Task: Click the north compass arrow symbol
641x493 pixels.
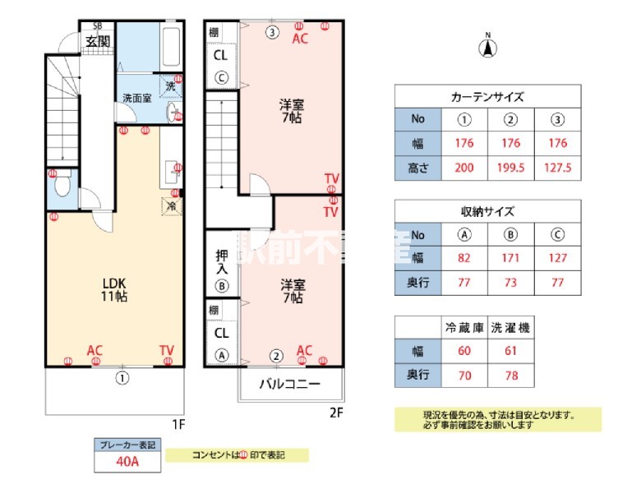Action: (x=487, y=48)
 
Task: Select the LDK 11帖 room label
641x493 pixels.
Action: (x=114, y=288)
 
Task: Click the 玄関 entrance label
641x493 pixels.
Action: (x=98, y=41)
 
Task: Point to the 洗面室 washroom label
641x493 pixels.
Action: (x=136, y=98)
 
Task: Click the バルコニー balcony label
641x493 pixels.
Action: (x=290, y=383)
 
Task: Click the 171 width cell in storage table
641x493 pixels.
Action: (x=510, y=258)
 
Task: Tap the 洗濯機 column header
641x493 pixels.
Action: (x=510, y=327)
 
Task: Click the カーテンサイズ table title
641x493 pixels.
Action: (x=487, y=96)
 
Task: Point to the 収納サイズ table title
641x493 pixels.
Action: (x=487, y=211)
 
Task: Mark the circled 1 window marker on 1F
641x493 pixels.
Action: (x=122, y=379)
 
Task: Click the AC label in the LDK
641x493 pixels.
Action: (x=95, y=351)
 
